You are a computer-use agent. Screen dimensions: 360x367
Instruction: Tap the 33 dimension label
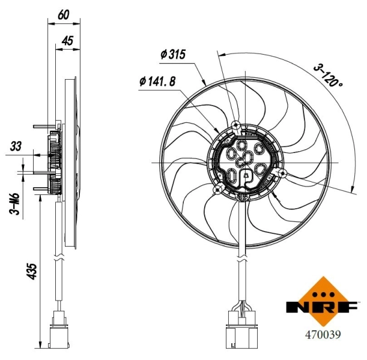pyautogui.click(x=15, y=146)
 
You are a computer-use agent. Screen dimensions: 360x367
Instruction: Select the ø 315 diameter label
pyautogui.click(x=173, y=55)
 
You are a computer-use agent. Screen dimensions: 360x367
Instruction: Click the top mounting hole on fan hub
pyautogui.click(x=237, y=125)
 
